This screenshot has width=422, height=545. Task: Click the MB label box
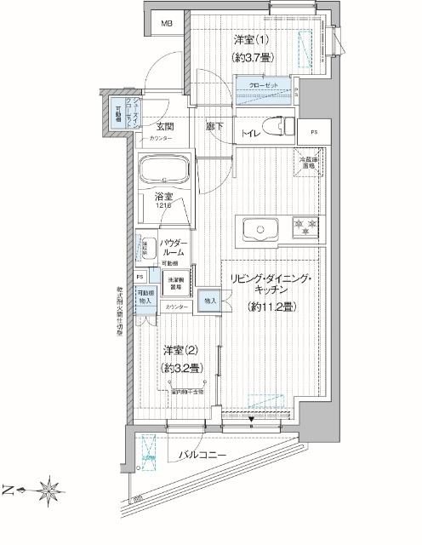point(166,25)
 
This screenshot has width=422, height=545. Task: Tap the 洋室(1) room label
point(252,39)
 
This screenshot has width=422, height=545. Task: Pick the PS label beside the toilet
point(314,132)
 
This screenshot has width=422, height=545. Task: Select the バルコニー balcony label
point(202,456)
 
